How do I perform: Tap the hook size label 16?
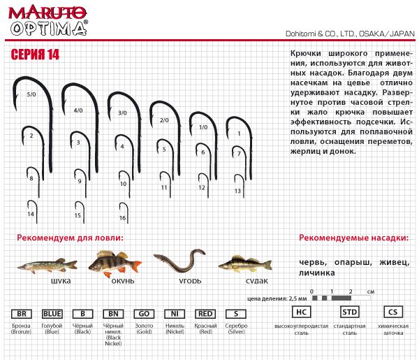coord(122,218)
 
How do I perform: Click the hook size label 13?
coord(237,190)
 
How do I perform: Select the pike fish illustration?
coord(46,265)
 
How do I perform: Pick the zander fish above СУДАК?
coord(244,264)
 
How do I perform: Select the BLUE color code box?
coord(52,314)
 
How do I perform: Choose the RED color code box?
coord(205,314)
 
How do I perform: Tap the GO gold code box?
coord(143,314)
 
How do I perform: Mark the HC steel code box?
coord(301,312)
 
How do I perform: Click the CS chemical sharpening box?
coord(392,312)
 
